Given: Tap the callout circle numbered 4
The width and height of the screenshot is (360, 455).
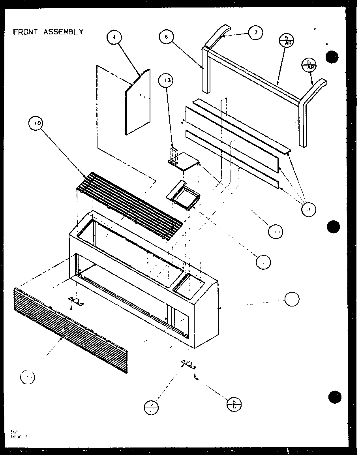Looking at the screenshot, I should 114,38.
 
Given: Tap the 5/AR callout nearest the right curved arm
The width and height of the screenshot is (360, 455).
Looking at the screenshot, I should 309,64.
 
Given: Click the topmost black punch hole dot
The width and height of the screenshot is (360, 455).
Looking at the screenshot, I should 332,57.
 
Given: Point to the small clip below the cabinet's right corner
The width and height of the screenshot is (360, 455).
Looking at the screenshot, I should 189,364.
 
